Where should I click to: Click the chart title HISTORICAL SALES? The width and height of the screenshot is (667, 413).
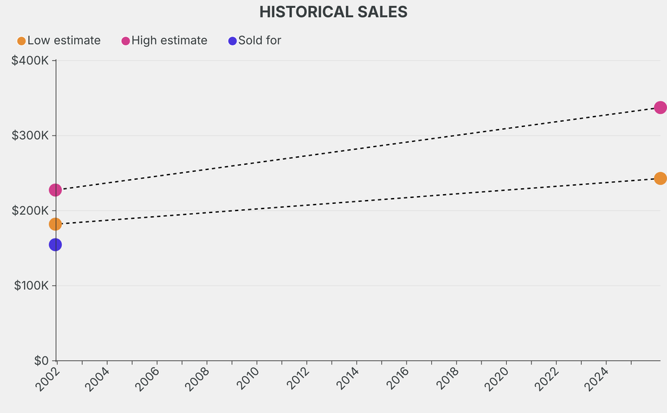[333, 12]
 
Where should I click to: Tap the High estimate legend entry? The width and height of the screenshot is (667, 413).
[164, 40]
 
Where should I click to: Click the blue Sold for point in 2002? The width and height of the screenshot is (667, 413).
[55, 245]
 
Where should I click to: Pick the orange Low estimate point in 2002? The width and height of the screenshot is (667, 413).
[55, 224]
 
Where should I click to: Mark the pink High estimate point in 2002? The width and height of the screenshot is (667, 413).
[55, 190]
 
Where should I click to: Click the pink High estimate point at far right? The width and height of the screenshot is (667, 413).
[660, 107]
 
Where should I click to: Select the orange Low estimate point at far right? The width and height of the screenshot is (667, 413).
[660, 178]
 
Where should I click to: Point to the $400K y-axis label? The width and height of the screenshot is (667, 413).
[30, 61]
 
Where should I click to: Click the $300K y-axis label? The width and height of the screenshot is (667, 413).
[30, 135]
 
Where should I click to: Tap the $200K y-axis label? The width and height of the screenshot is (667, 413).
[30, 210]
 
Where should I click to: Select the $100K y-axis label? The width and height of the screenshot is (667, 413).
[30, 285]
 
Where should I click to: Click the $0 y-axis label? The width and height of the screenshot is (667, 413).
[40, 360]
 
